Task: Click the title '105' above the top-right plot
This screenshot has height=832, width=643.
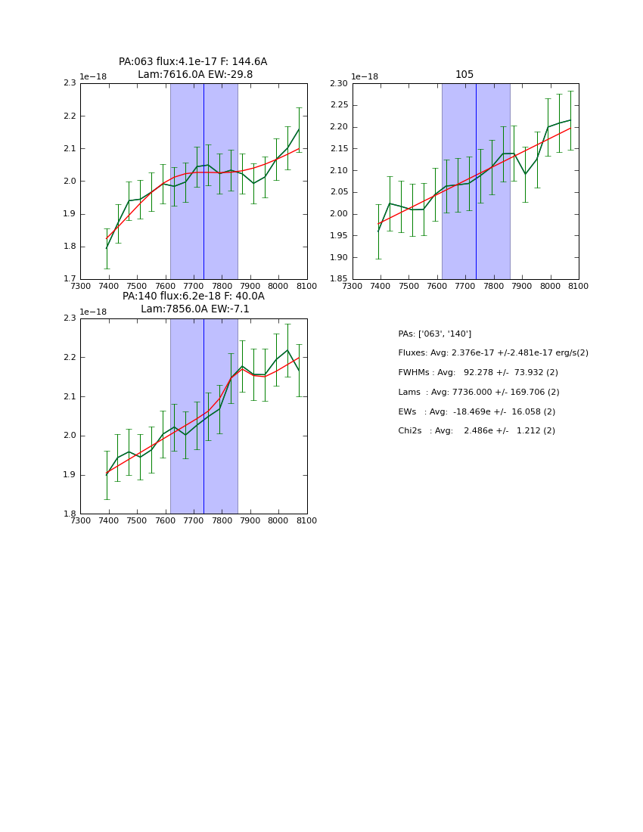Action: coord(464,74)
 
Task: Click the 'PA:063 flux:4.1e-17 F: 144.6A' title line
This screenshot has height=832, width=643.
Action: coord(193,62)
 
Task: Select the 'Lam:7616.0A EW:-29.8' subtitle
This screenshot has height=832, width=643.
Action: coord(195,74)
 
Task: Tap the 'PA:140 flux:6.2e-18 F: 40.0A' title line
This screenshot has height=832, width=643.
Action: coord(194,296)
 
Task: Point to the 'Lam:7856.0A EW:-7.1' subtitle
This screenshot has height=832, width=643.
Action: coord(195,309)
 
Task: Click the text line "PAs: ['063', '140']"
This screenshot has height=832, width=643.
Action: coord(435,334)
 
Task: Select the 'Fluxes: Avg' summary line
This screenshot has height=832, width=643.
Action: coord(493,353)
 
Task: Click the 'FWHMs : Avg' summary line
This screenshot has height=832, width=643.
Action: coord(478,373)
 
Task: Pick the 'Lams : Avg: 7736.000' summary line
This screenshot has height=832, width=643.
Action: coord(479,392)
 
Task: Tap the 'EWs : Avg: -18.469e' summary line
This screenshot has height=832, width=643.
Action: coord(477,411)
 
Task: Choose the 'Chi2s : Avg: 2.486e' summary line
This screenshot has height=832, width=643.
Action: coord(477,431)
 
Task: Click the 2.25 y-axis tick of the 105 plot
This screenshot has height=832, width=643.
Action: coord(338,105)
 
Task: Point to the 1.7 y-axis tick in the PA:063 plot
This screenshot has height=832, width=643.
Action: coord(70,279)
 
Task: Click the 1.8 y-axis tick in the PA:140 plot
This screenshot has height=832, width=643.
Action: coord(70,514)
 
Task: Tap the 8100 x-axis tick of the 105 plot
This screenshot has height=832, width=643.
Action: coord(579,287)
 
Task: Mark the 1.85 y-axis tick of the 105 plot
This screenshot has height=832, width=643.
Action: coord(338,279)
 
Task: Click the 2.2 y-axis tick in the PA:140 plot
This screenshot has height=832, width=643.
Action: coord(70,357)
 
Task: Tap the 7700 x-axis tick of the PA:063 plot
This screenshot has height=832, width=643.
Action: coord(194,287)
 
